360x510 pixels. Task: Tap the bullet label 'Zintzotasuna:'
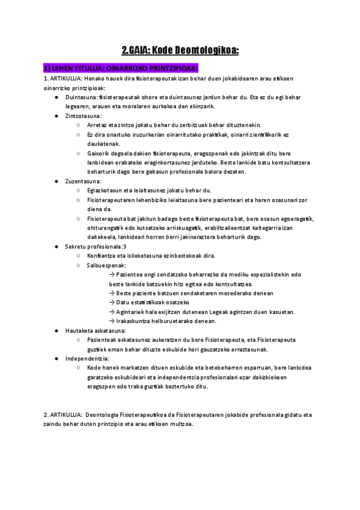[84, 115]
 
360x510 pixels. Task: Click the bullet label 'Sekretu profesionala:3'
[96, 247]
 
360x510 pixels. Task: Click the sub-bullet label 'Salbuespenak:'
[106, 265]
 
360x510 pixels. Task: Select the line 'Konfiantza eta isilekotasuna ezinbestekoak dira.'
[151, 256]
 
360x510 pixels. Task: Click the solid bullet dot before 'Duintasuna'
[56, 97]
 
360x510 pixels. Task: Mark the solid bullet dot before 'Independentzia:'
[56, 358]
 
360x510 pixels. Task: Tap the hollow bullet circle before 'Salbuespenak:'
[79, 265]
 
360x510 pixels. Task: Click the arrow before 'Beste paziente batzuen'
[112, 293]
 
